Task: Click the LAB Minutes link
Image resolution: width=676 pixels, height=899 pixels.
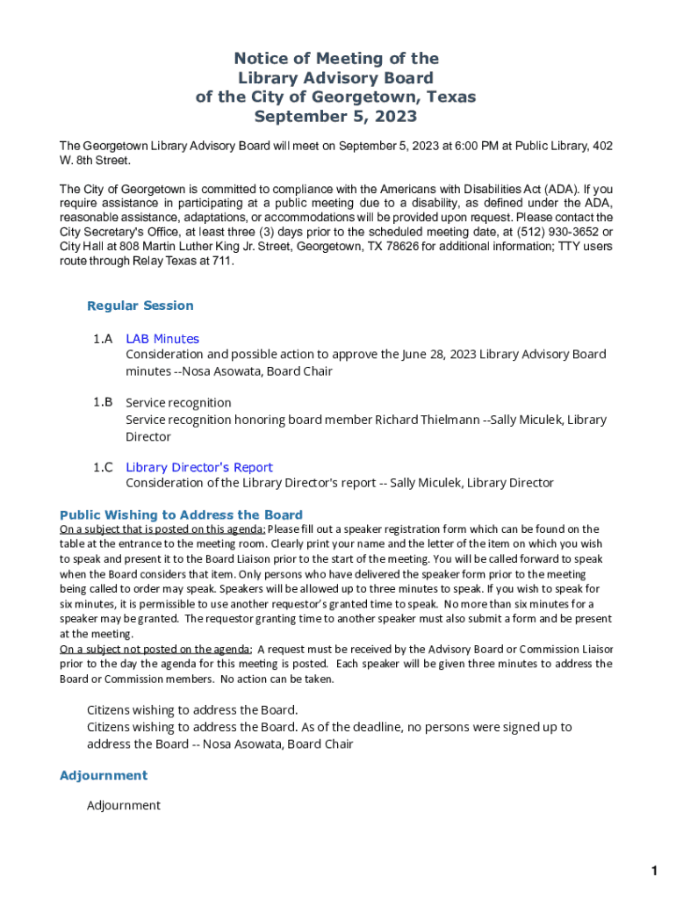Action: (162, 339)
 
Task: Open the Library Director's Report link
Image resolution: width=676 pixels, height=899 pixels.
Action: (199, 467)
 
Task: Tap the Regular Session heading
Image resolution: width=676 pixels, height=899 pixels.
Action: (140, 306)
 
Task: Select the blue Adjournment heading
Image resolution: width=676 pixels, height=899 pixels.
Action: (104, 775)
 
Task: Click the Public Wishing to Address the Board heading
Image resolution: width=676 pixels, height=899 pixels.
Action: (181, 515)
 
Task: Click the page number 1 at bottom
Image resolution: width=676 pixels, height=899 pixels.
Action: (653, 871)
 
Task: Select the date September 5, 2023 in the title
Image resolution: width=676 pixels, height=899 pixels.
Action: (335, 116)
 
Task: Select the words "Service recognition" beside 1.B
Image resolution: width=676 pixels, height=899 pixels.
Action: (178, 403)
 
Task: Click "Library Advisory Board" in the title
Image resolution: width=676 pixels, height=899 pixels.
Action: (335, 77)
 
